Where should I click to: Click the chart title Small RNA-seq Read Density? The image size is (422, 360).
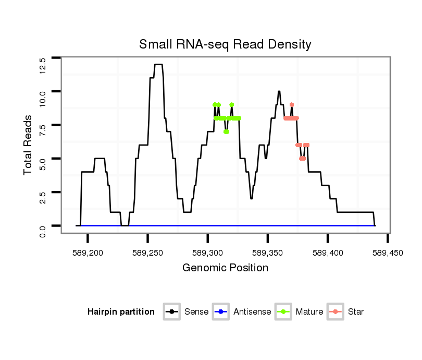[225, 44]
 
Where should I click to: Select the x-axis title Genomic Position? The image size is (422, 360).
[225, 268]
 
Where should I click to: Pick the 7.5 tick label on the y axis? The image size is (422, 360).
[42, 130]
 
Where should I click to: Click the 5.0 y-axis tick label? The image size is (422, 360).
[42, 164]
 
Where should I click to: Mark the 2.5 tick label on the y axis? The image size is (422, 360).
[42, 197]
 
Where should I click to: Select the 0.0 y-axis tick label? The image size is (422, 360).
[42, 231]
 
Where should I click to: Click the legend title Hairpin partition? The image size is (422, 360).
[121, 312]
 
